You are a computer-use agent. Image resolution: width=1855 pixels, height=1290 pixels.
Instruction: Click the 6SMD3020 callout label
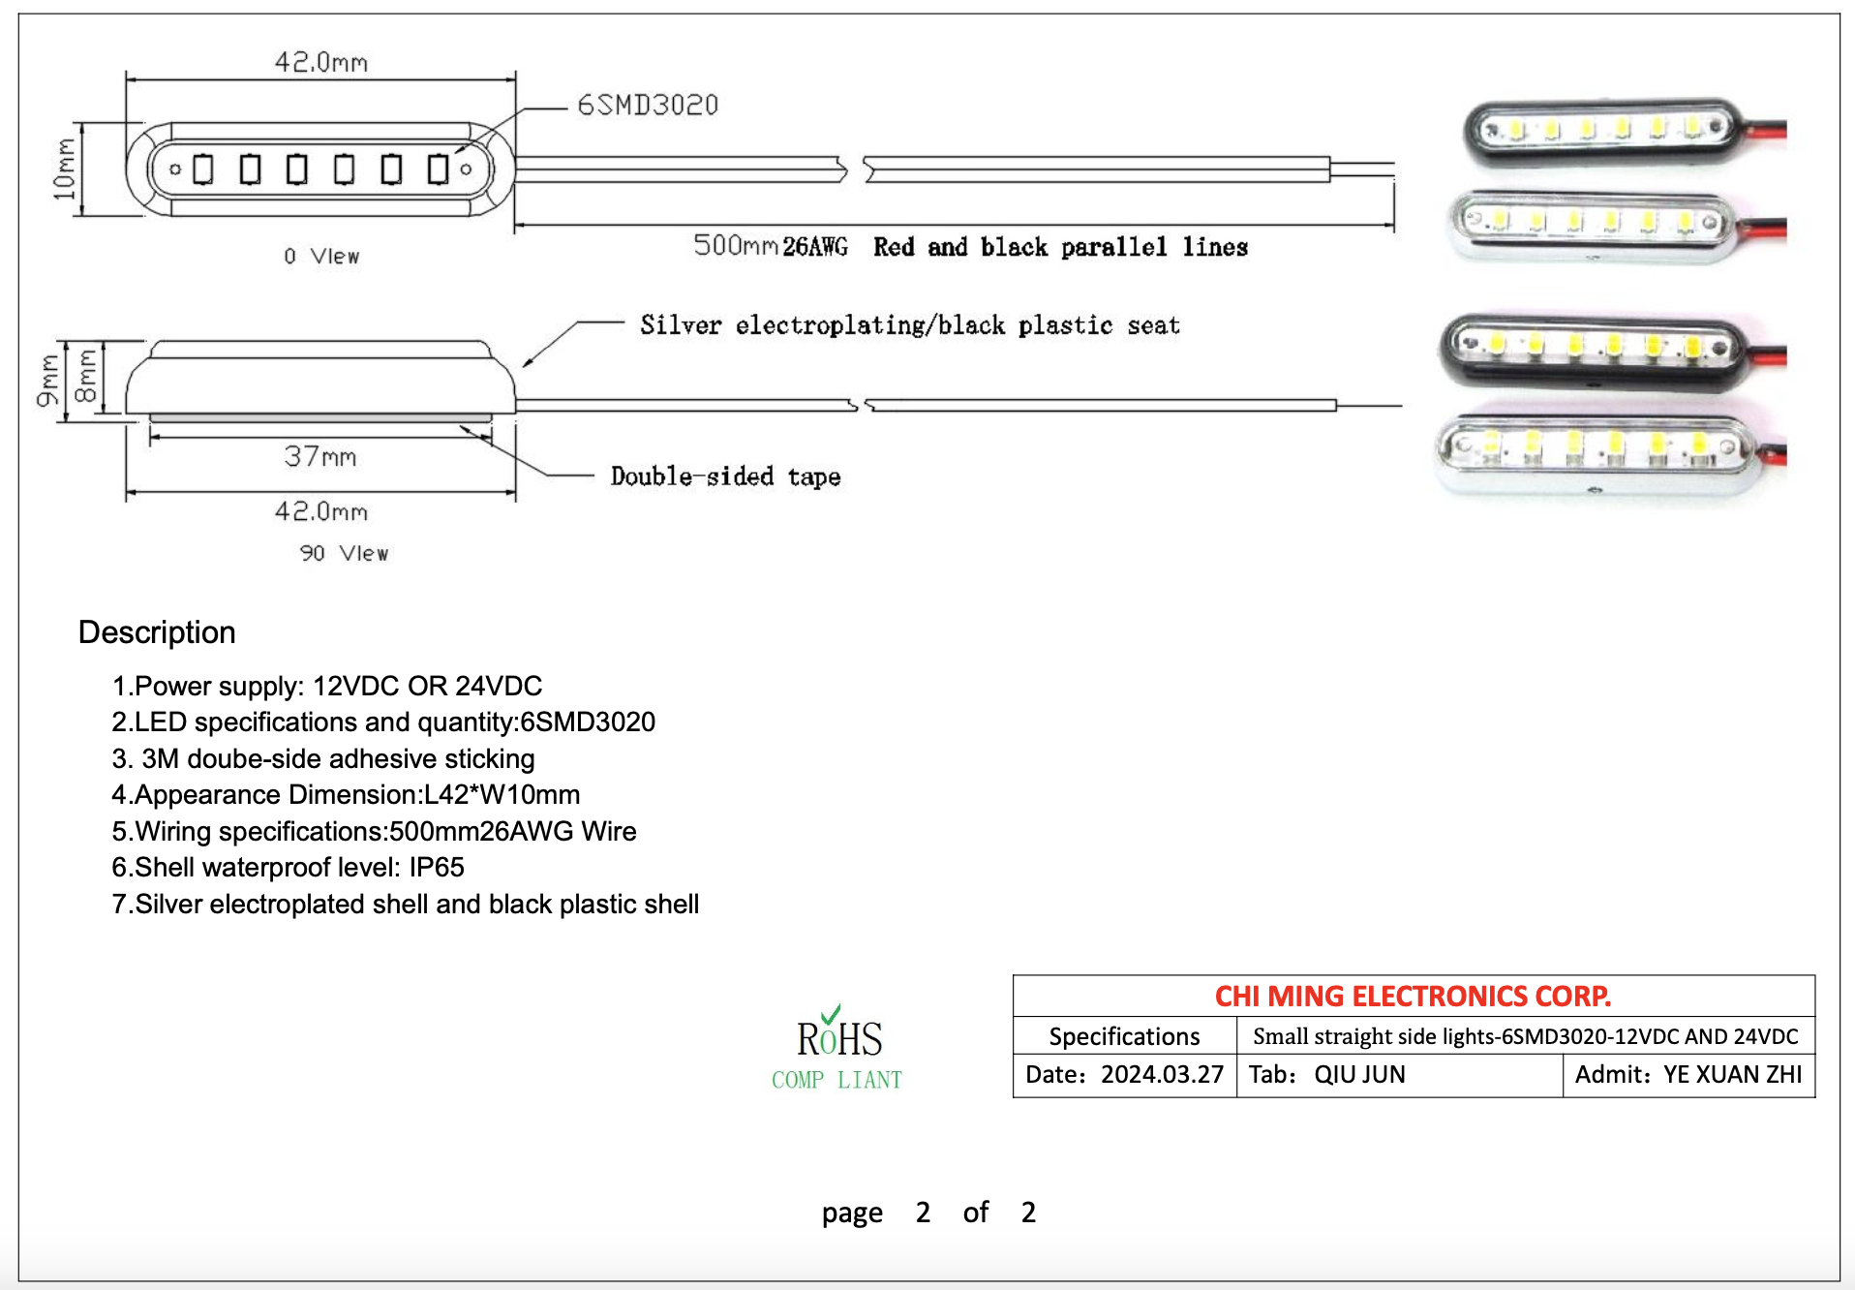tap(648, 105)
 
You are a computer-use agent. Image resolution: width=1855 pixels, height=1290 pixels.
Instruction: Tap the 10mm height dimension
tap(64, 169)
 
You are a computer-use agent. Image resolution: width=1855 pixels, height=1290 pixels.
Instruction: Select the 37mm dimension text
tap(320, 456)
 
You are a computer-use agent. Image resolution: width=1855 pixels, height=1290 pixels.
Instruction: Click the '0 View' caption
tap(321, 256)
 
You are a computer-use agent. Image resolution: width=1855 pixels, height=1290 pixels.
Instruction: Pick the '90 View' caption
tap(344, 553)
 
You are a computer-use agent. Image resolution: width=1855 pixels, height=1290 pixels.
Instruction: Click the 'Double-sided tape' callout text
tap(725, 476)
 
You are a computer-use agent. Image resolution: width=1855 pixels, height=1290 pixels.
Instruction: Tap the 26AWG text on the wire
tap(815, 247)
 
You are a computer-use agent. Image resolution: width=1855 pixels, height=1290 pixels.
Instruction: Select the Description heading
tap(157, 632)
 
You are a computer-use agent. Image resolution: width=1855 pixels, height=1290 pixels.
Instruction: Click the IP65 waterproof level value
tap(437, 867)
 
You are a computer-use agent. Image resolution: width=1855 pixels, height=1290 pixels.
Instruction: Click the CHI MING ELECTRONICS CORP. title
tap(1413, 996)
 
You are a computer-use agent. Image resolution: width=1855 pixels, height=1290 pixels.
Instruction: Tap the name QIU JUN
tap(1359, 1075)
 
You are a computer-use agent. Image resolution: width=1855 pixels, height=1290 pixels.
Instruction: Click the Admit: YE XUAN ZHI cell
tap(1688, 1075)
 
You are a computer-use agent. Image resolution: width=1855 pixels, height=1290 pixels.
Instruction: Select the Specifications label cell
tap(1125, 1036)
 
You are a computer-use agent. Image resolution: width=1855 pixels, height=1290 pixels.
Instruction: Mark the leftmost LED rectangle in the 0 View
tap(203, 169)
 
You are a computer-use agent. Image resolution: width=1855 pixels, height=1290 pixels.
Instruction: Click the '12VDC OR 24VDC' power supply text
tap(427, 686)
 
